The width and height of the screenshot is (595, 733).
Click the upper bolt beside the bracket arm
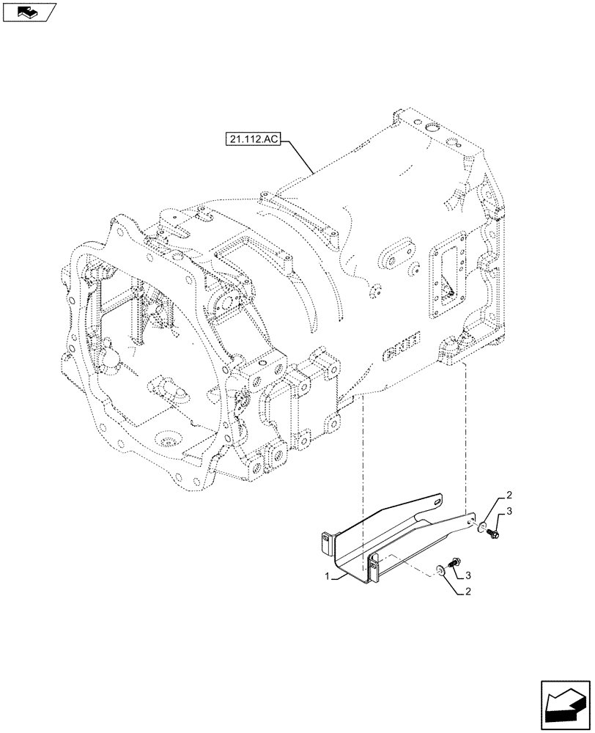point(492,534)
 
